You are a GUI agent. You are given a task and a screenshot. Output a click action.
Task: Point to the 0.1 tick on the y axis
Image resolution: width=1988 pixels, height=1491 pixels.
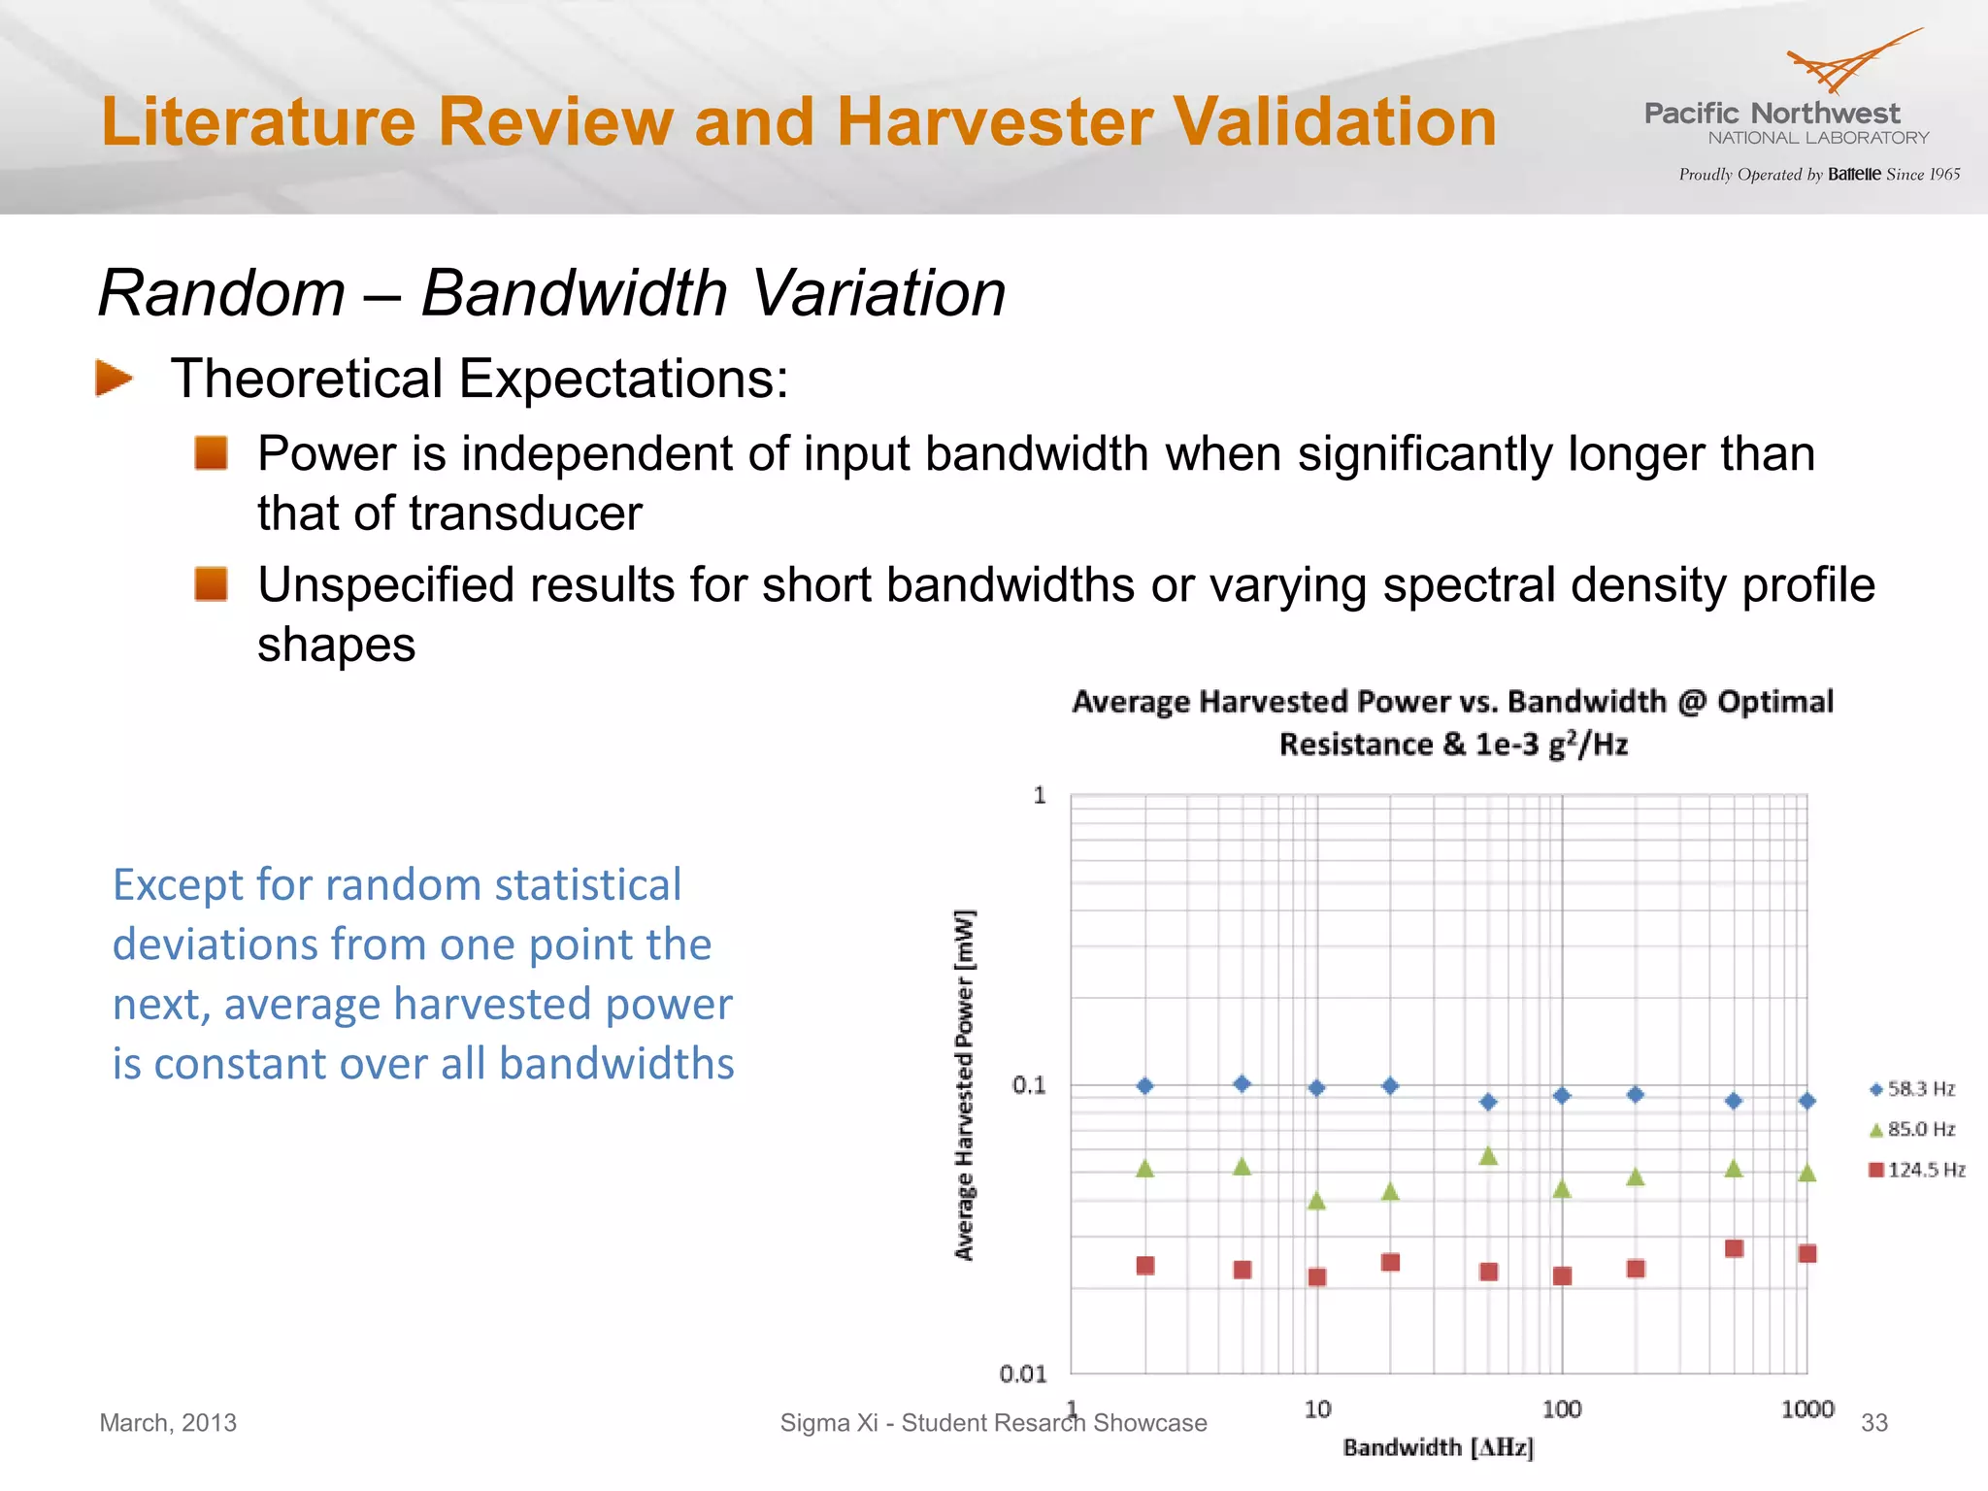[x=1029, y=1084]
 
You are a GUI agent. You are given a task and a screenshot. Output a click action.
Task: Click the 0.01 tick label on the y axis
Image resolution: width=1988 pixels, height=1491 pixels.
[x=1023, y=1374]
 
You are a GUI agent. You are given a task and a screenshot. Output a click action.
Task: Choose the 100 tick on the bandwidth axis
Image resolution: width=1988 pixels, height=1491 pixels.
[x=1561, y=1408]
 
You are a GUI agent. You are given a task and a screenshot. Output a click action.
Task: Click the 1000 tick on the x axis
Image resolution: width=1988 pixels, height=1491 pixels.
[x=1806, y=1408]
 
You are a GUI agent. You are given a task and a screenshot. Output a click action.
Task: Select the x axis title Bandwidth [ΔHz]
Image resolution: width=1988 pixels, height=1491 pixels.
[x=1438, y=1447]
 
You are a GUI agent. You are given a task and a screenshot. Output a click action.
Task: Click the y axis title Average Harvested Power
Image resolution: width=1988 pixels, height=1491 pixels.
[x=964, y=1084]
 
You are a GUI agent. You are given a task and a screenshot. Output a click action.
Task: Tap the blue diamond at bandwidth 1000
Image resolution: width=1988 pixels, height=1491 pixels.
[x=1806, y=1101]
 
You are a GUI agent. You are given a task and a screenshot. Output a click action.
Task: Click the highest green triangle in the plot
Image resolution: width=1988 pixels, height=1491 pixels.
[x=1488, y=1155]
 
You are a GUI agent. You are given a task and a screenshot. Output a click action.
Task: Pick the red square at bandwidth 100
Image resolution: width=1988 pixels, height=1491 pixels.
[x=1562, y=1276]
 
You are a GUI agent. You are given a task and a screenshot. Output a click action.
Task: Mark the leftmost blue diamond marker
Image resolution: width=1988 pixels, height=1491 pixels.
[x=1145, y=1085]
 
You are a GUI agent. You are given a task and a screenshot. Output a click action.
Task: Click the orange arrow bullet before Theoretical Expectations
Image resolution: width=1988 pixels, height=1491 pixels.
[x=115, y=378]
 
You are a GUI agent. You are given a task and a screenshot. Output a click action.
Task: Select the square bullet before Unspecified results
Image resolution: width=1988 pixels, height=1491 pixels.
[x=211, y=584]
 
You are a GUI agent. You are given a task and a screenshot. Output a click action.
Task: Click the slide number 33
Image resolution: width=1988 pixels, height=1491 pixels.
[x=1873, y=1422]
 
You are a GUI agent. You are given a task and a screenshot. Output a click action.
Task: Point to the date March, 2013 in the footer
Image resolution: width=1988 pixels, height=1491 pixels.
[x=168, y=1422]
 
